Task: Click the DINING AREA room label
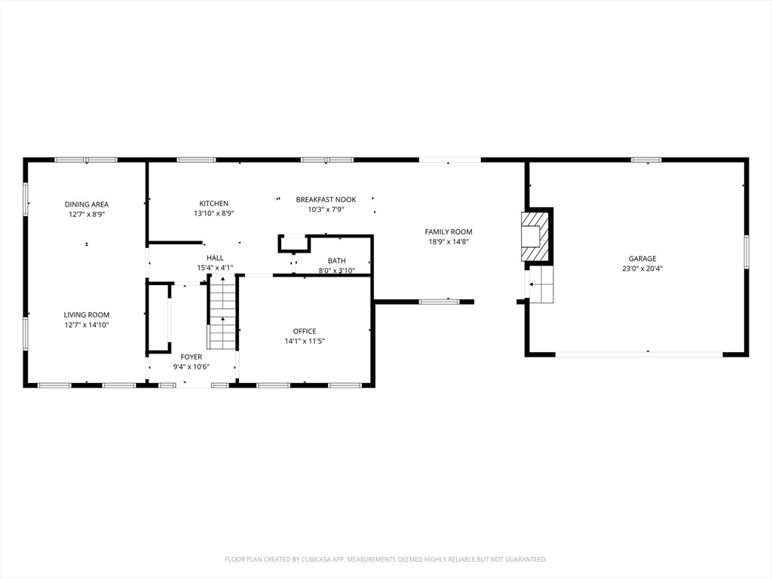(87, 204)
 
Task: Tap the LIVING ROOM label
(87, 314)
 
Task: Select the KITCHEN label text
(213, 204)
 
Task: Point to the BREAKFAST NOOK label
(326, 199)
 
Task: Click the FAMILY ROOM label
(449, 231)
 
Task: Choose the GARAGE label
(642, 259)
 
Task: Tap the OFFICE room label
(305, 332)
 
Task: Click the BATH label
(337, 260)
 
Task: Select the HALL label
(215, 258)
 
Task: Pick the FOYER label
(191, 357)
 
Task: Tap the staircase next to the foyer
(223, 313)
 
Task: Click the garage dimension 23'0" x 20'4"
(642, 269)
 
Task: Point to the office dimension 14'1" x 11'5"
(305, 342)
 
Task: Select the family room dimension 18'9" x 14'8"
(449, 242)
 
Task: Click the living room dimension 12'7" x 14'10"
(87, 325)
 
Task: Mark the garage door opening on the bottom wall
(639, 354)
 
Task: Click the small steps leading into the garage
(541, 284)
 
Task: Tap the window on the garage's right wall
(746, 252)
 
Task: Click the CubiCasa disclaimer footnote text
(385, 559)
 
